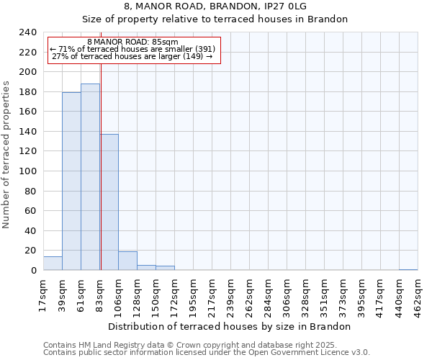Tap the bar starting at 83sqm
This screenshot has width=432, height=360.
coord(109,202)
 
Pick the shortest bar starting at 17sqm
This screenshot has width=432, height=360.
coord(53,264)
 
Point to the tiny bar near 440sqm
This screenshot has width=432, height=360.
coord(408,269)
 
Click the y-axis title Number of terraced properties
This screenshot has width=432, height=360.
coord(6,154)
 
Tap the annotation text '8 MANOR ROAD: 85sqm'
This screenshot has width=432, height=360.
coord(132,42)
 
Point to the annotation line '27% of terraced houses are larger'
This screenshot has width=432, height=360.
coord(132,56)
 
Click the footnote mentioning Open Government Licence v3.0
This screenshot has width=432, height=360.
coord(207,352)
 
